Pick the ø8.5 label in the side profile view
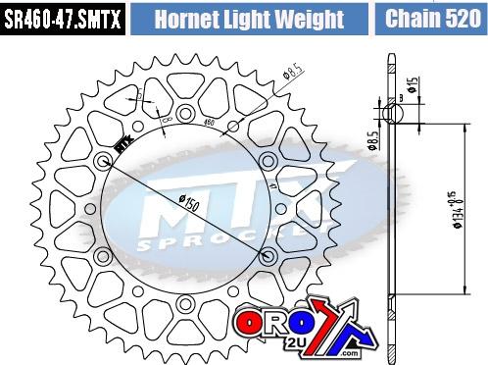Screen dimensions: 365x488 pos(373,144)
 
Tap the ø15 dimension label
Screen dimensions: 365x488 pos(415,86)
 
